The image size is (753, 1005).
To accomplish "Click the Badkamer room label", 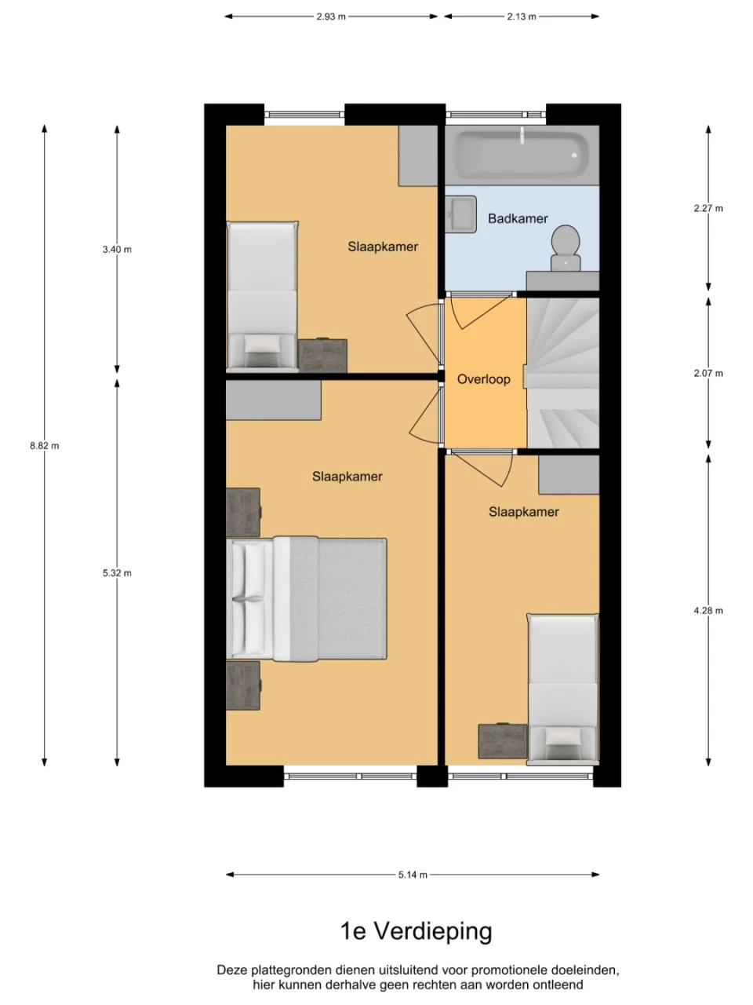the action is [x=518, y=218].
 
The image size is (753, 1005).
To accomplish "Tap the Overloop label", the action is [x=484, y=379].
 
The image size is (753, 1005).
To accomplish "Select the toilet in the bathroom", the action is [x=566, y=247].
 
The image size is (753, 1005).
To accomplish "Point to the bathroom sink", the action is [x=461, y=214].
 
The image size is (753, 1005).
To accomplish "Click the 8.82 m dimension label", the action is [x=45, y=445].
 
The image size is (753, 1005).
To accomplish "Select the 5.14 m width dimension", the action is [x=413, y=875].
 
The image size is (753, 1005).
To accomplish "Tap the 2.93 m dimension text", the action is [x=331, y=17].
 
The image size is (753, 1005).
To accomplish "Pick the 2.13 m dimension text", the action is [x=521, y=17].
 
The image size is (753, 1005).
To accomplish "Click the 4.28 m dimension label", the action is [x=708, y=610].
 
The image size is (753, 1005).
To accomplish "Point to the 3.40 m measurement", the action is [x=117, y=250].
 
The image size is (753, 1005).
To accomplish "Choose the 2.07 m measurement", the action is [x=708, y=373].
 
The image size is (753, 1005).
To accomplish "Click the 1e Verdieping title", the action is [x=416, y=931].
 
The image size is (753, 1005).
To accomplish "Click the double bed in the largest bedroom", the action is [x=307, y=599].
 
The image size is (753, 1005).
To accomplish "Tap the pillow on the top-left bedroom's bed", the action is [x=262, y=345].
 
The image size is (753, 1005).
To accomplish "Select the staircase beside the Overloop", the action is [x=563, y=373].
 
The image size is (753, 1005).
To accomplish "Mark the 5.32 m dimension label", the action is [x=117, y=573].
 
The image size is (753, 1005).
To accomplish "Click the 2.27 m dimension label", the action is [x=708, y=208].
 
